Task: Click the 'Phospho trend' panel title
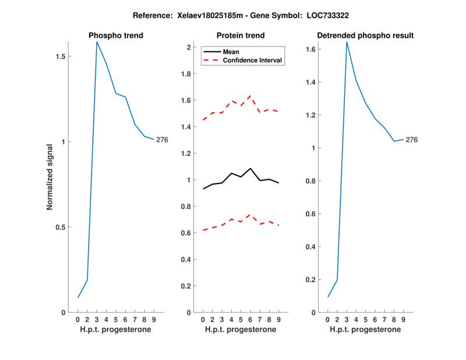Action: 116,36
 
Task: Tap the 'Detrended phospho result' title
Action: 365,36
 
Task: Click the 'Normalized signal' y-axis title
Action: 50,177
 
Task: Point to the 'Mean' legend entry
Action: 231,52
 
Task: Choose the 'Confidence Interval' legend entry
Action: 253,60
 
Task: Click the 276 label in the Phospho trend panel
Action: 162,140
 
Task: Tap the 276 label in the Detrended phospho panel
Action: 411,140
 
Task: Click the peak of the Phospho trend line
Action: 97,42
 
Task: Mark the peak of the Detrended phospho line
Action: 347,41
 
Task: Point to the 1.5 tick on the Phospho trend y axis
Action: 61,57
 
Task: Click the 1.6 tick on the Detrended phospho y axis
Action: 312,50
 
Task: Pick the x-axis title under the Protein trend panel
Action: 240,329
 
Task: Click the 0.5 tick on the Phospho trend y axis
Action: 61,227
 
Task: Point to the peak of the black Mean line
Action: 250,168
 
